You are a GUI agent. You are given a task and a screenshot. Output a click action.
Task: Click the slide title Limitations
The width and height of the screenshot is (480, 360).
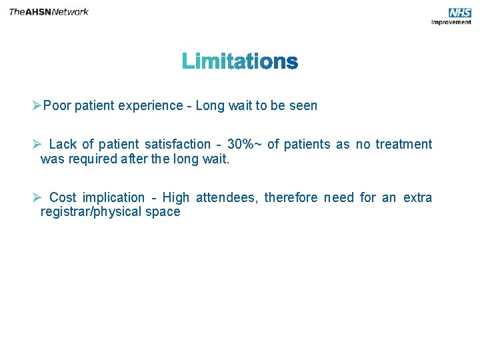point(240,62)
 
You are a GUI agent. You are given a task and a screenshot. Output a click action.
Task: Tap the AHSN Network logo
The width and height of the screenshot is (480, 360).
point(49,12)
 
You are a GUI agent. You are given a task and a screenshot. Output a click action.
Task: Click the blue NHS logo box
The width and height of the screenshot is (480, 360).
point(460,13)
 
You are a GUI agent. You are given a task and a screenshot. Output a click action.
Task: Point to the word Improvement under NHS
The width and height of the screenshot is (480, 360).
point(451,22)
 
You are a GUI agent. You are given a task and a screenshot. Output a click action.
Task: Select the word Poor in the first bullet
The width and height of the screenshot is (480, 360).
point(57,105)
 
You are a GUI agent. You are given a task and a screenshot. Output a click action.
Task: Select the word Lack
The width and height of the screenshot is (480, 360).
point(63,144)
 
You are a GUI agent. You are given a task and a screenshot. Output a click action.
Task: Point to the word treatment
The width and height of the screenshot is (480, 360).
point(403,144)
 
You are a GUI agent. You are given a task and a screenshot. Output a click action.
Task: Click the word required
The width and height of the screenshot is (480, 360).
point(89,159)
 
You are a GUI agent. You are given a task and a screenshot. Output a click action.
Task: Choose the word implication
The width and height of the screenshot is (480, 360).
point(113,197)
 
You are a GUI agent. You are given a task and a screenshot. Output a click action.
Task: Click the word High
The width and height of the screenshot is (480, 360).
point(176,197)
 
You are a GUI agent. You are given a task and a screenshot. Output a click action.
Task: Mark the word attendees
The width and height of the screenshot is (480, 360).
point(226,197)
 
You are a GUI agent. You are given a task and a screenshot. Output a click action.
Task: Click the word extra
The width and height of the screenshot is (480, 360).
point(417,197)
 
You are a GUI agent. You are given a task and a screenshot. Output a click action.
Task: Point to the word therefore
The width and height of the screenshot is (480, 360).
point(291,197)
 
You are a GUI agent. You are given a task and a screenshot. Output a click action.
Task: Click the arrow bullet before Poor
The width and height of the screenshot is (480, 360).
point(37,105)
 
